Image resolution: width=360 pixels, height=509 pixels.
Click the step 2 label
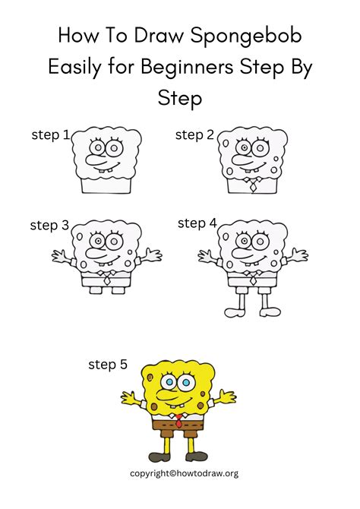tap(194, 135)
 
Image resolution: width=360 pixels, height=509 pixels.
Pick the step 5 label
tap(108, 365)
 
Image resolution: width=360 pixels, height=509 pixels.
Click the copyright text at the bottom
tap(185, 473)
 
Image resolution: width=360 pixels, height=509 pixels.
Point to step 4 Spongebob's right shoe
tap(270, 311)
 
